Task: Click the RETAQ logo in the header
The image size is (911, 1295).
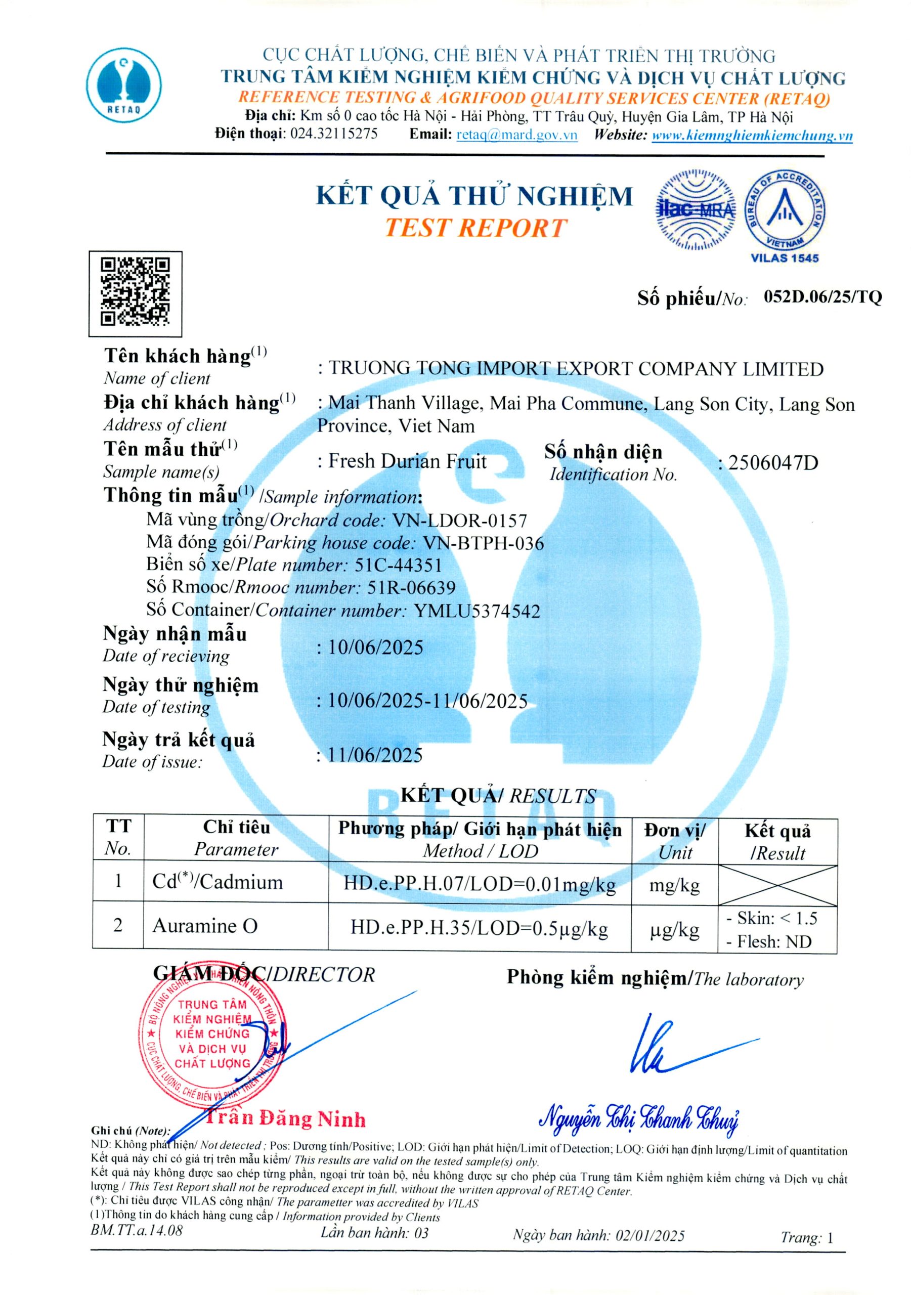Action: [x=124, y=83]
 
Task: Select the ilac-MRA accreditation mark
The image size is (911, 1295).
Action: [x=695, y=209]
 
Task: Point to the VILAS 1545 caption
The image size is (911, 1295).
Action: [x=785, y=258]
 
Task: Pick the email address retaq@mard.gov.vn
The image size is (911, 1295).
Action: [x=516, y=135]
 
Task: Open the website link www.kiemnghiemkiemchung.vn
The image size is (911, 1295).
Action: [x=752, y=136]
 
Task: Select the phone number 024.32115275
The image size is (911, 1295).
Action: [x=333, y=134]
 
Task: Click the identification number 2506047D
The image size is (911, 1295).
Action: [x=773, y=463]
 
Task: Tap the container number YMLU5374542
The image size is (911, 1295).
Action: [x=476, y=611]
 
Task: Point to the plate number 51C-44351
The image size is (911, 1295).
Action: [x=398, y=565]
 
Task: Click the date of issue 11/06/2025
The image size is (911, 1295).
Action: [x=375, y=755]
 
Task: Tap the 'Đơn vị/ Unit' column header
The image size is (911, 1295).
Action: [x=675, y=840]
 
